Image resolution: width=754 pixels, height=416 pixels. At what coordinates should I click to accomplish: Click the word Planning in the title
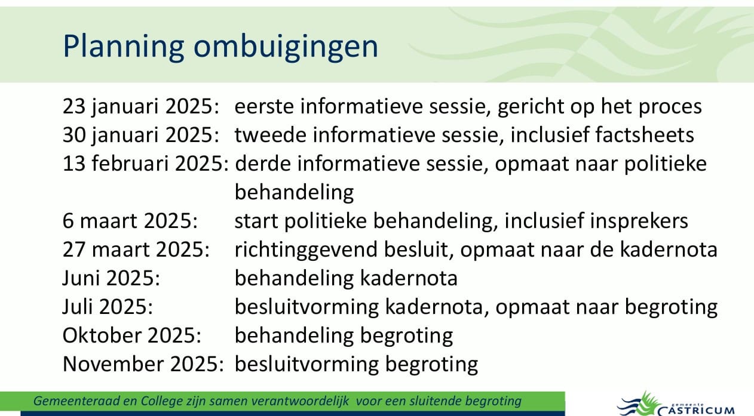coord(123,47)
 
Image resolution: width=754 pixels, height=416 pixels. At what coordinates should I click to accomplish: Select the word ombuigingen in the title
coord(286,47)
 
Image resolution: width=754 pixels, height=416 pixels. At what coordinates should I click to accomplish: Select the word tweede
coord(270,135)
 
